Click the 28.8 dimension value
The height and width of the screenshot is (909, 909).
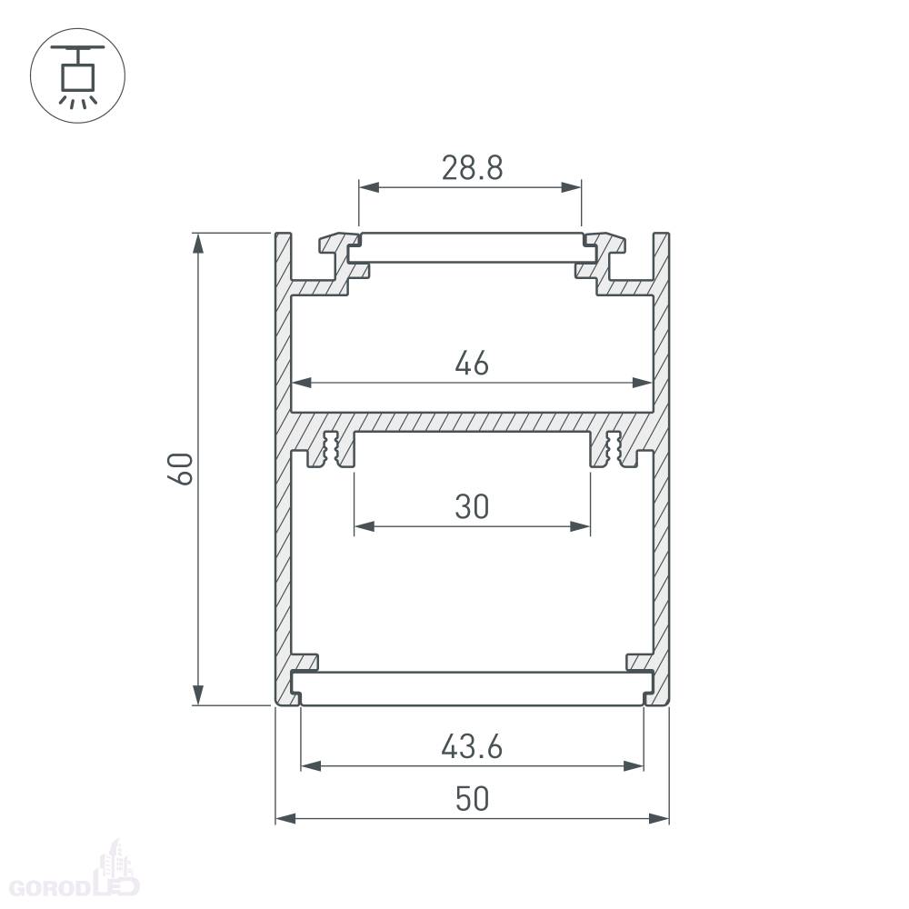pyautogui.click(x=472, y=168)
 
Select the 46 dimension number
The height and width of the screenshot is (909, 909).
pyautogui.click(x=472, y=365)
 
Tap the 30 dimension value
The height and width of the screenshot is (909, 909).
pyautogui.click(x=472, y=506)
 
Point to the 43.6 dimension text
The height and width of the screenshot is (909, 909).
pyautogui.click(x=472, y=746)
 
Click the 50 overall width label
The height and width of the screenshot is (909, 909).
pyautogui.click(x=472, y=799)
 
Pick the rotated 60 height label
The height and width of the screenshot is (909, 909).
pyautogui.click(x=180, y=469)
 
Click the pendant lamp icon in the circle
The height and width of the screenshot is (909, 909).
pyautogui.click(x=77, y=75)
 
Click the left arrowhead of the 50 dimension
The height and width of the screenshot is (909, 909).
pyautogui.click(x=285, y=819)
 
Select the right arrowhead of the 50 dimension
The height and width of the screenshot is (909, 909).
pyautogui.click(x=659, y=819)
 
